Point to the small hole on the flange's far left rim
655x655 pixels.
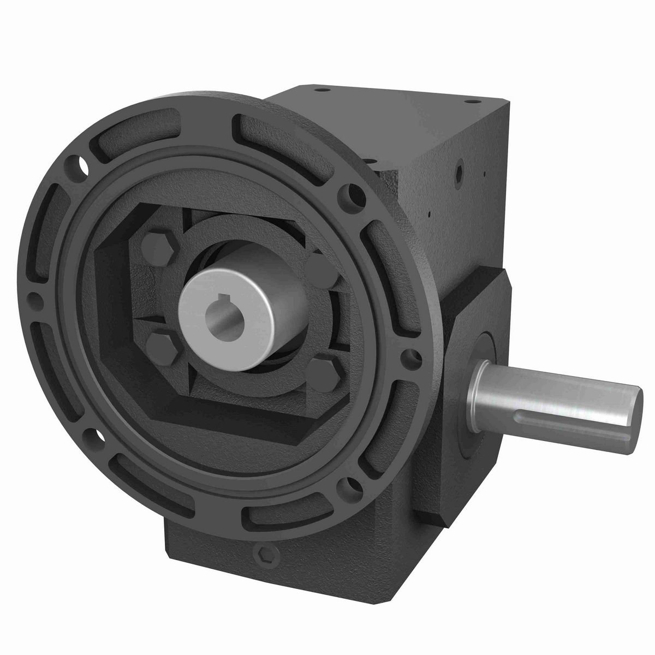(34, 298)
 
